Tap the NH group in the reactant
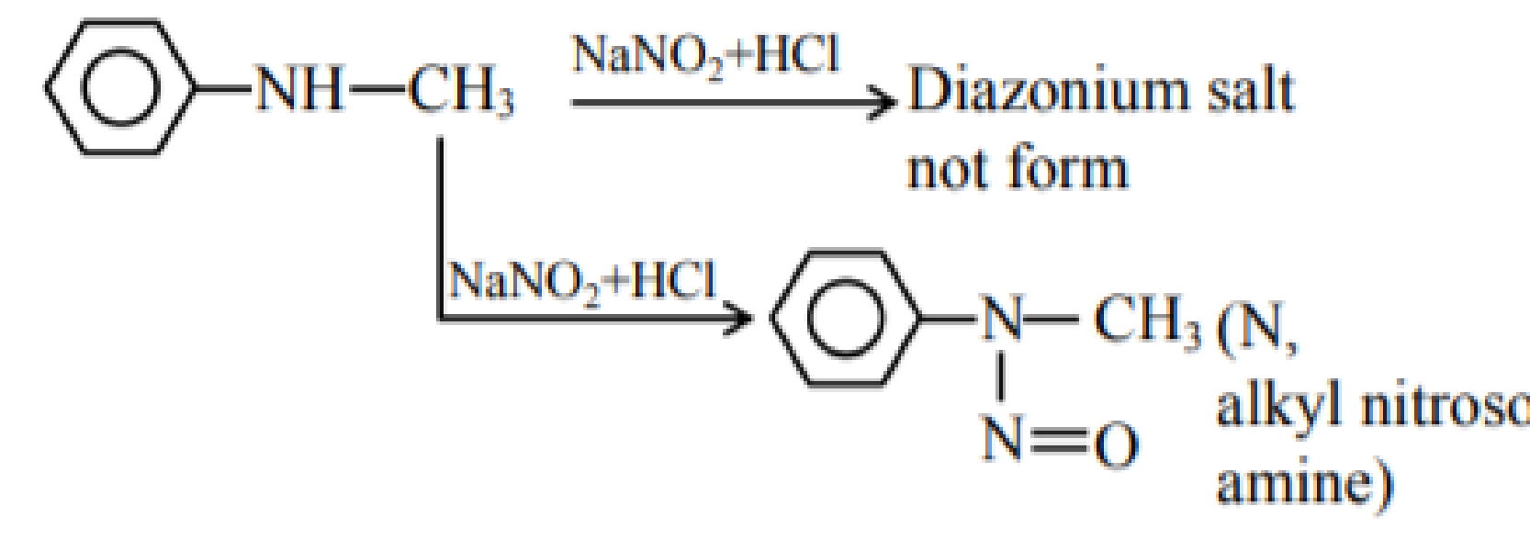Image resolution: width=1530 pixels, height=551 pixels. [x=299, y=89]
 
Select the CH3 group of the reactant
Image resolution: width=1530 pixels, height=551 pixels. [x=462, y=91]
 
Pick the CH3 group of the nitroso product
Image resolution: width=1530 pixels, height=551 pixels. [x=1148, y=320]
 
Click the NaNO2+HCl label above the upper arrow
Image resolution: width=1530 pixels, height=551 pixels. [x=706, y=56]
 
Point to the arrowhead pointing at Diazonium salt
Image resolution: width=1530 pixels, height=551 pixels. [x=883, y=103]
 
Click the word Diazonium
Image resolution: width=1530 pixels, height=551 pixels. [x=1049, y=90]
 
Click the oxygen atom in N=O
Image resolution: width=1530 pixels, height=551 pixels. [x=1116, y=445]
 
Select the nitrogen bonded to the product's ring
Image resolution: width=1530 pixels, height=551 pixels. [x=1003, y=318]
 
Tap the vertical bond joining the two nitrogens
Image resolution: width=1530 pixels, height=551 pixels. [x=1001, y=377]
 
